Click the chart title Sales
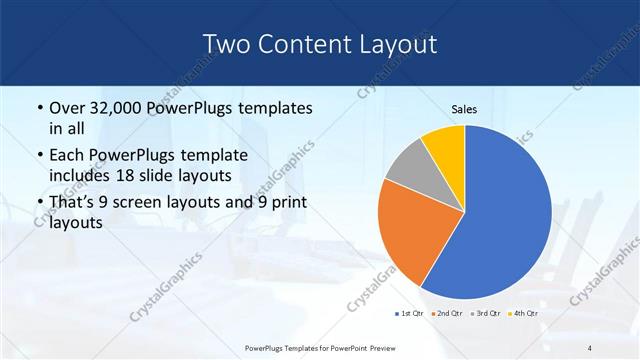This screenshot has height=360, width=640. click(464, 109)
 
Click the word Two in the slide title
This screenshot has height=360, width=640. click(227, 44)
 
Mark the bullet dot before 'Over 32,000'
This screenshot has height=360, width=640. click(38, 108)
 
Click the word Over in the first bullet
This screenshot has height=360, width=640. click(68, 108)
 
